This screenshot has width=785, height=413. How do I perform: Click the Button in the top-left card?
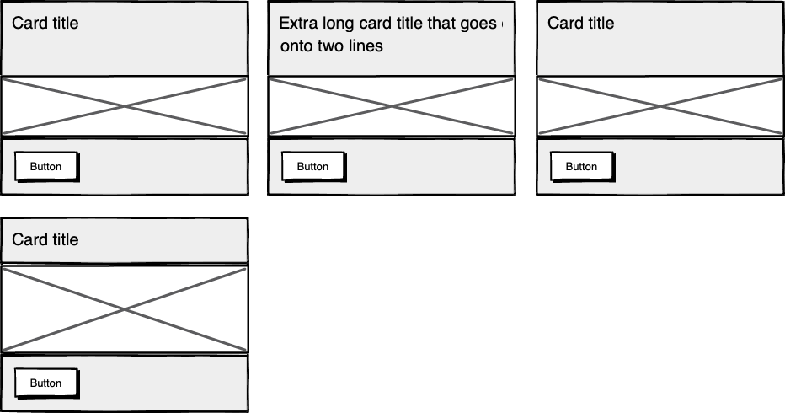(x=46, y=167)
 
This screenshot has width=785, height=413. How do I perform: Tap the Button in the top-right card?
(x=581, y=167)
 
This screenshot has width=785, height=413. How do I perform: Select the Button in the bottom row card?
(x=46, y=383)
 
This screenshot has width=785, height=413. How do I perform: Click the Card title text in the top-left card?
(x=45, y=24)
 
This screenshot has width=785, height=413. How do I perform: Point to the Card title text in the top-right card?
(x=581, y=24)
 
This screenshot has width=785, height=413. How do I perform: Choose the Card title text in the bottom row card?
(x=45, y=240)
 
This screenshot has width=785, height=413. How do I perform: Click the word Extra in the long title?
(x=296, y=24)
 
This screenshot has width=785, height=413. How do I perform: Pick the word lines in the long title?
(x=366, y=46)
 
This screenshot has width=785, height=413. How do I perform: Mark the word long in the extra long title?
(x=335, y=24)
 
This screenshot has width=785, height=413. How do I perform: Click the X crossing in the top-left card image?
(x=125, y=106)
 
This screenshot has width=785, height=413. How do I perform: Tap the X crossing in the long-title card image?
(x=391, y=106)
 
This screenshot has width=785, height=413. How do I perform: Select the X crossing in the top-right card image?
(x=660, y=106)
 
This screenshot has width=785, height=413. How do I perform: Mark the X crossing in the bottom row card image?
(x=125, y=309)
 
